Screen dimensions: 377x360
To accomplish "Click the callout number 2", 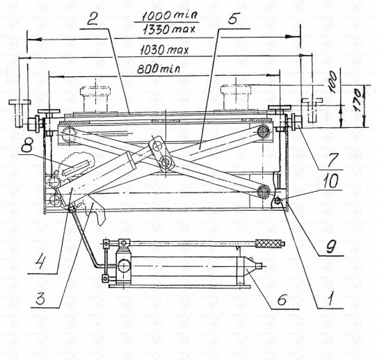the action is [93, 19].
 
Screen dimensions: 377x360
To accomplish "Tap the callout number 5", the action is [232, 17].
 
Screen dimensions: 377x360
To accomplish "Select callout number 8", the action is [27, 143].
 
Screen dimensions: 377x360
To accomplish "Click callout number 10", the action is [330, 180].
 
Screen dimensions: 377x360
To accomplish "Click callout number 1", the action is [330, 300].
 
